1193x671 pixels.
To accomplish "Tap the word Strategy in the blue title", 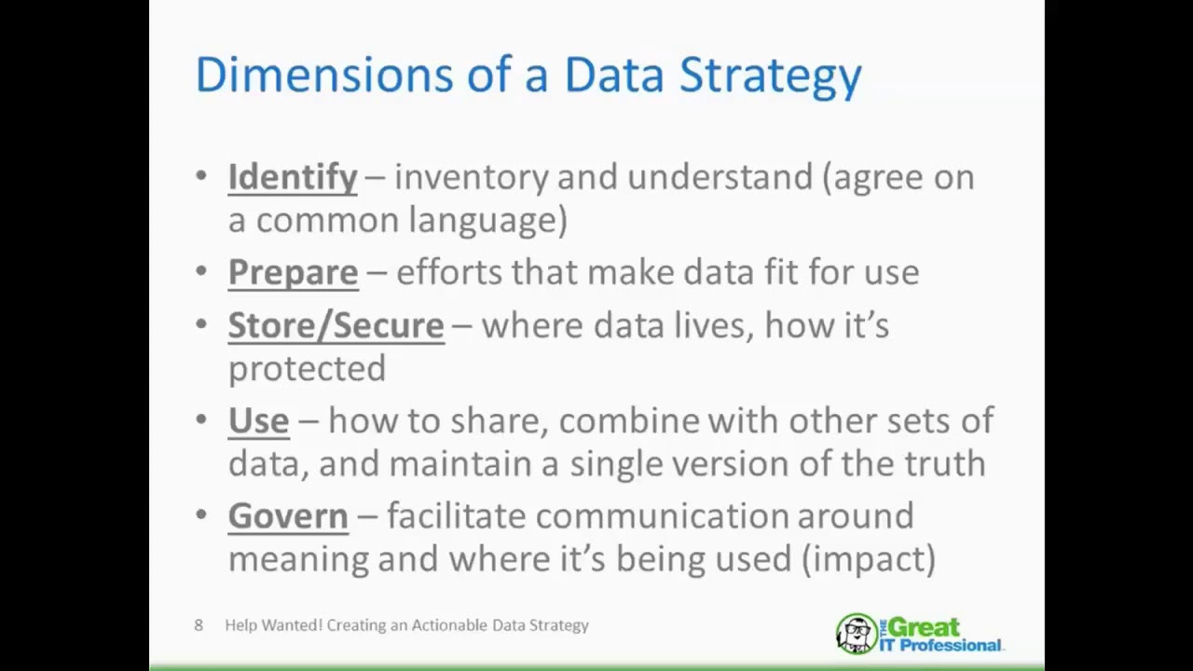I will (770, 76).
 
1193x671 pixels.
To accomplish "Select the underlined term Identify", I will (293, 177).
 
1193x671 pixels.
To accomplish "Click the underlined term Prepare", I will (293, 272).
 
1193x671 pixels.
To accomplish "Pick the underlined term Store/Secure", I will (336, 325).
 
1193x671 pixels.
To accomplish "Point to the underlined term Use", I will (258, 420).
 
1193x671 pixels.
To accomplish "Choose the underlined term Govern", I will (288, 515).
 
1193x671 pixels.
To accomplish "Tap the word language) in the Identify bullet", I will (487, 221).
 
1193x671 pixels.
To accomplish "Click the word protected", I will (307, 369).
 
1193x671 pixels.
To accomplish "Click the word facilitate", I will (457, 515).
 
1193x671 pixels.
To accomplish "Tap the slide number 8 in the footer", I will (199, 625).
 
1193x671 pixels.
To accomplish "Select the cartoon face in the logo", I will (856, 634).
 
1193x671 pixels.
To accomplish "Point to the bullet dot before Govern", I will (202, 515).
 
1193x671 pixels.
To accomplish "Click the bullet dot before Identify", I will (202, 176).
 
